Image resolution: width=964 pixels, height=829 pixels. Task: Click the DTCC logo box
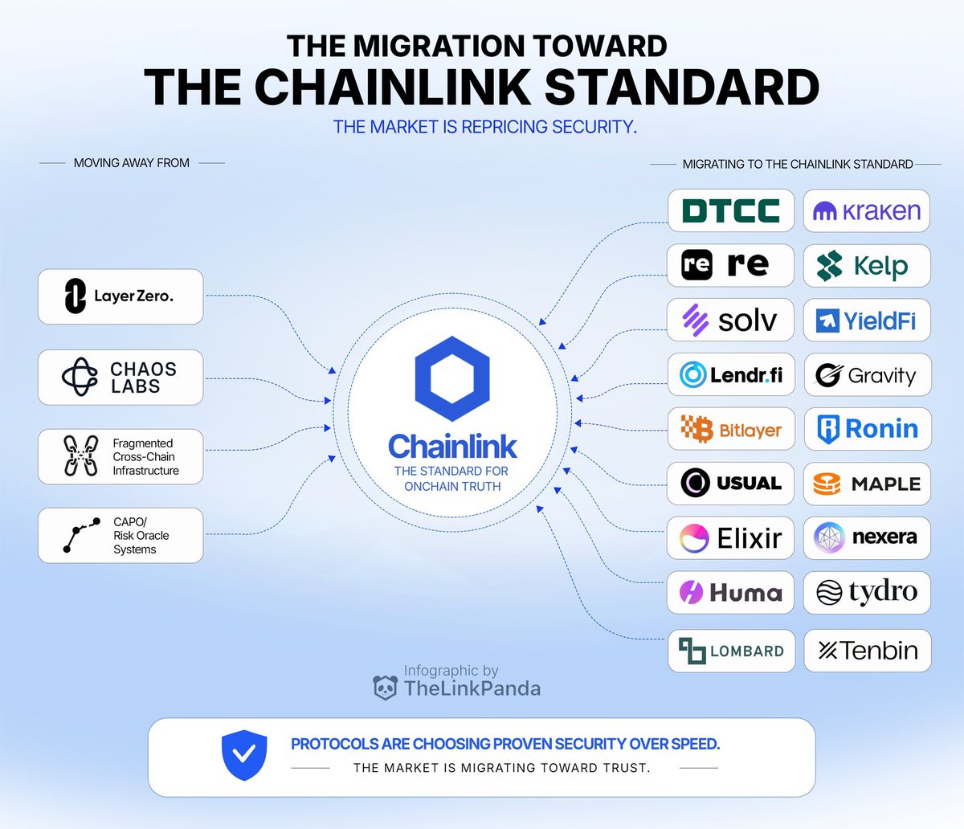click(731, 210)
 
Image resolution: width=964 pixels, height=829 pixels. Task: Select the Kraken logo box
click(867, 210)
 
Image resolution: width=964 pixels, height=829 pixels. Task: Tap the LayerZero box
click(120, 296)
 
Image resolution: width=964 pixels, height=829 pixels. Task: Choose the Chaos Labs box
click(120, 378)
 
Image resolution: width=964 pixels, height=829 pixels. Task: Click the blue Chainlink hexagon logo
click(452, 378)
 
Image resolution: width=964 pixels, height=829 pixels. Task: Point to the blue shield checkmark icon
click(244, 755)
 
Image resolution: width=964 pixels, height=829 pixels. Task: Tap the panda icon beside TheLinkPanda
click(386, 688)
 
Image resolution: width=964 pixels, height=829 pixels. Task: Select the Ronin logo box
click(868, 429)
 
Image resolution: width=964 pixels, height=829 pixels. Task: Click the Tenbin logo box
click(868, 651)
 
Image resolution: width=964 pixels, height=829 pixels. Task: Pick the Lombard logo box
click(731, 651)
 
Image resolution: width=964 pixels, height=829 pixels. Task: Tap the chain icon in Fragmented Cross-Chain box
click(80, 456)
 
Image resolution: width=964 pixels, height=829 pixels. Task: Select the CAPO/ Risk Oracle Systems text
click(141, 535)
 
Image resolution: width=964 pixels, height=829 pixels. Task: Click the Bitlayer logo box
click(731, 428)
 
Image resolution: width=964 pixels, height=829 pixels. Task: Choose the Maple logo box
click(867, 484)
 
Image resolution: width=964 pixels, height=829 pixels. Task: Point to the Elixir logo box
click(730, 537)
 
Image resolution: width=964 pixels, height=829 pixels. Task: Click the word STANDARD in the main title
click(681, 88)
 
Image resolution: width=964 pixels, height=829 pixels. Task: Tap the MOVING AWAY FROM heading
click(132, 163)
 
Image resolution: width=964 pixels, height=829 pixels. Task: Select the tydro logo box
click(867, 593)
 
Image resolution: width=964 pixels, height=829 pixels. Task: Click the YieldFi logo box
click(867, 321)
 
